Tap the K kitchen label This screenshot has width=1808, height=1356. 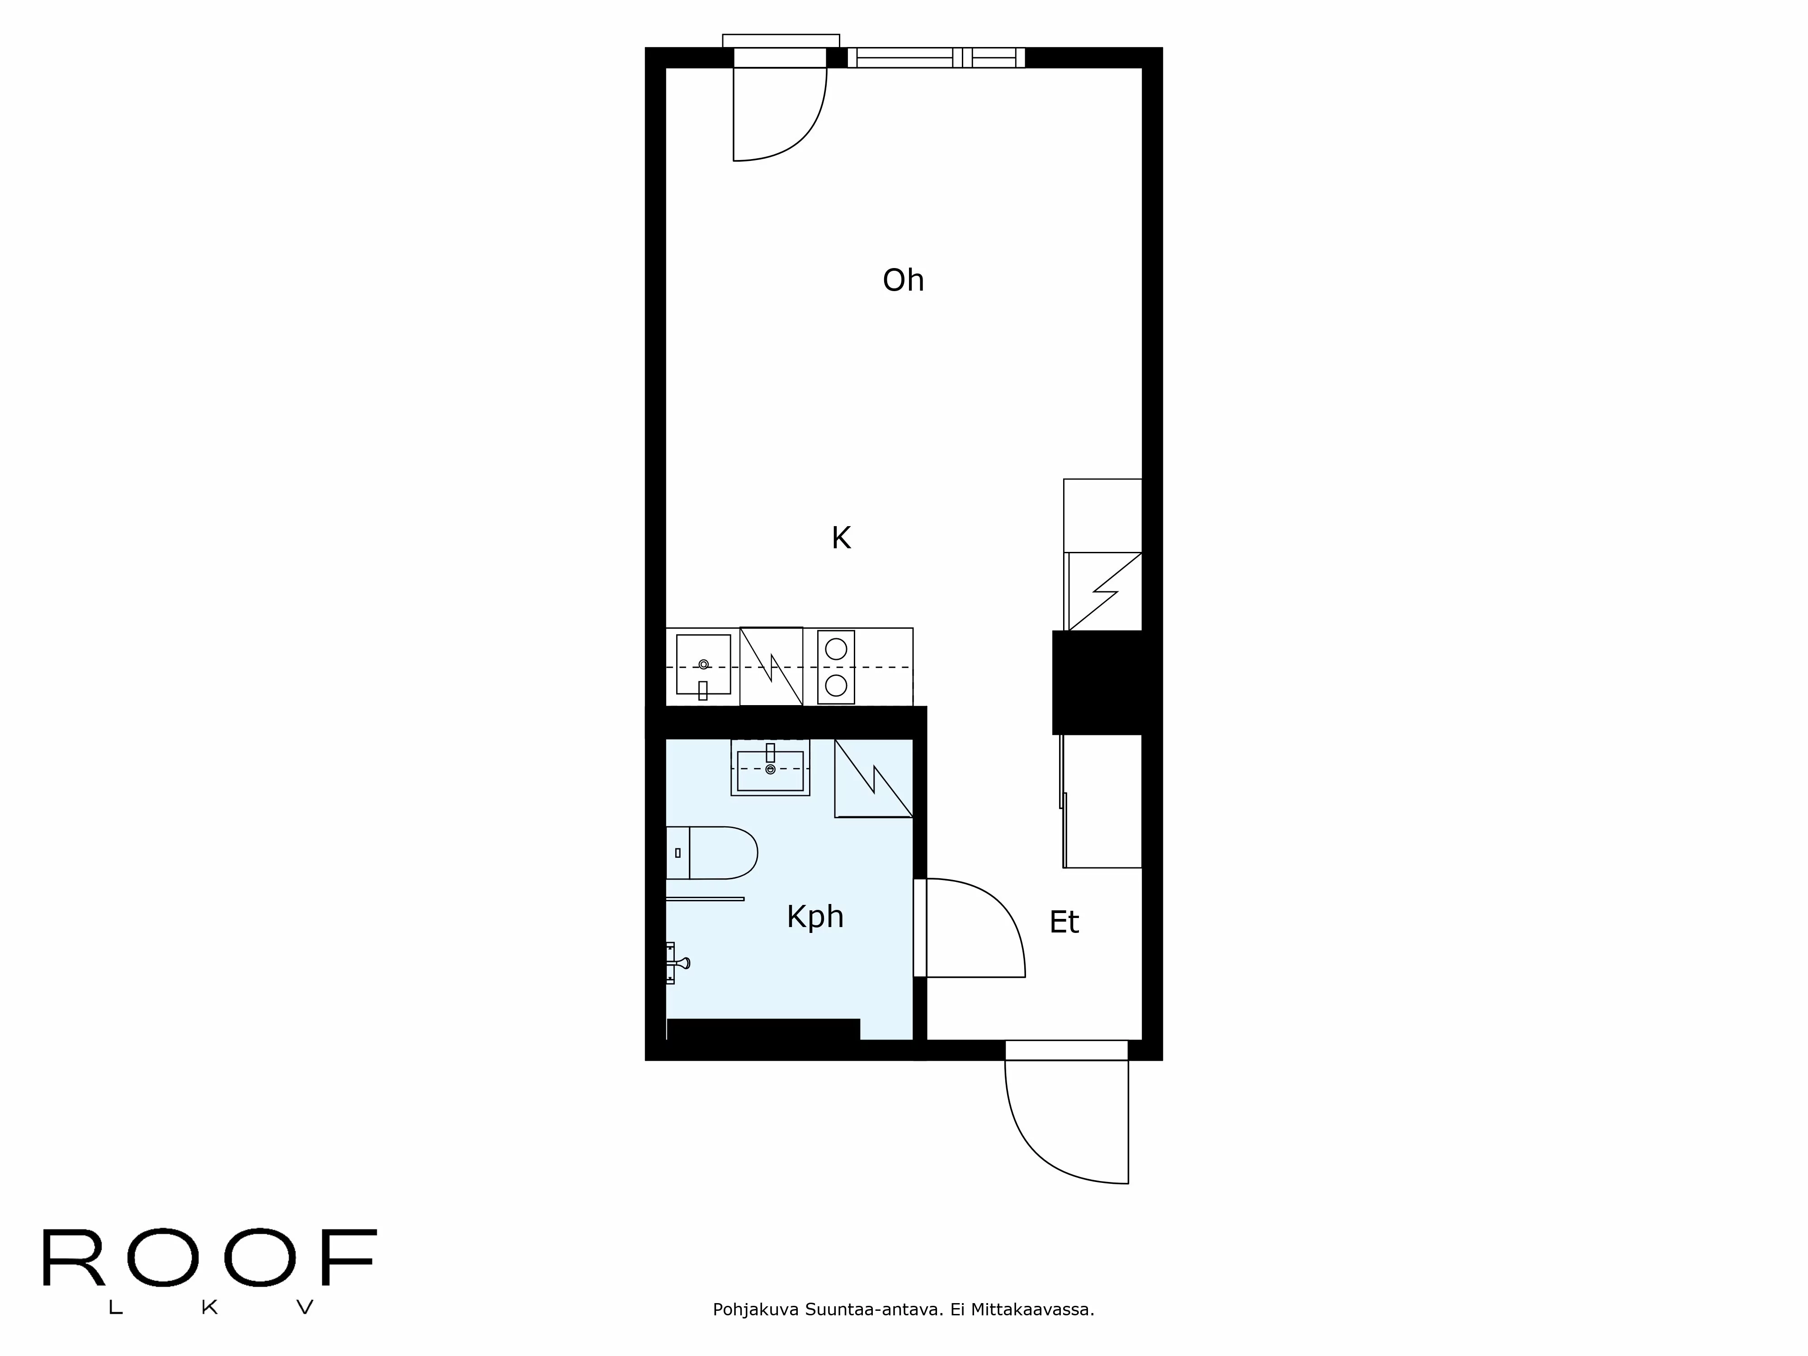[841, 538]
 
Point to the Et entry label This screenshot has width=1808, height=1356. [1064, 922]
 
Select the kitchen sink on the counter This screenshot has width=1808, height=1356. [703, 664]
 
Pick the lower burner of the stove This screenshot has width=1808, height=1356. [835, 684]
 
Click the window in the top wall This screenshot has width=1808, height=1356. [936, 57]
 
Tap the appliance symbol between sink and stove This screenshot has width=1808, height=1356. [771, 666]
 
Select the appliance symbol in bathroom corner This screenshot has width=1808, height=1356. [873, 778]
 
